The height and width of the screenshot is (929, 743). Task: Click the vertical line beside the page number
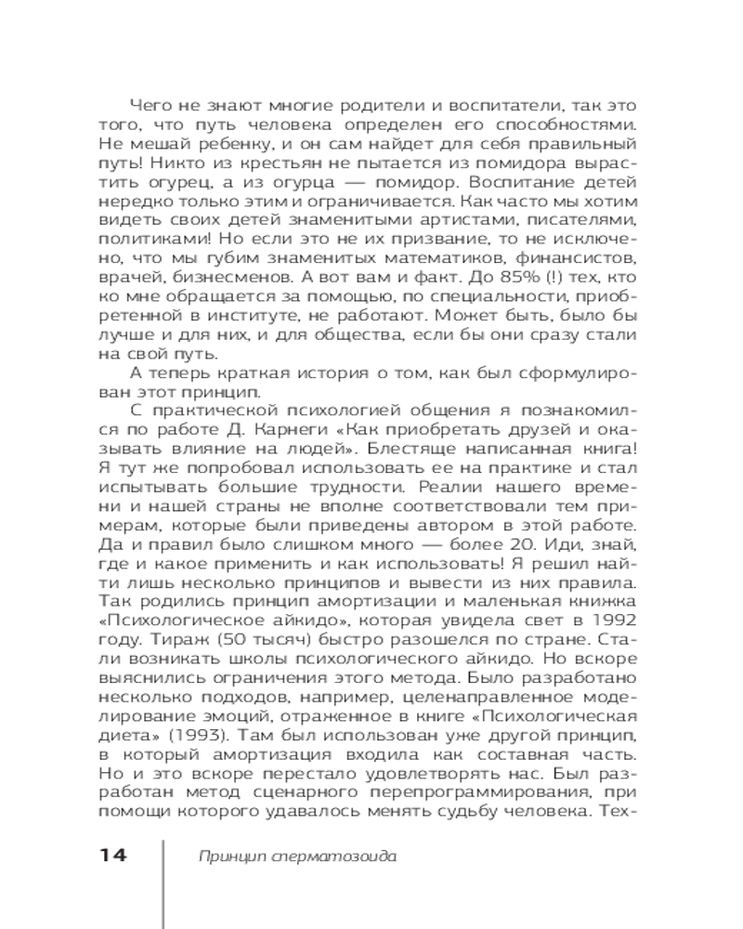click(x=163, y=883)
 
